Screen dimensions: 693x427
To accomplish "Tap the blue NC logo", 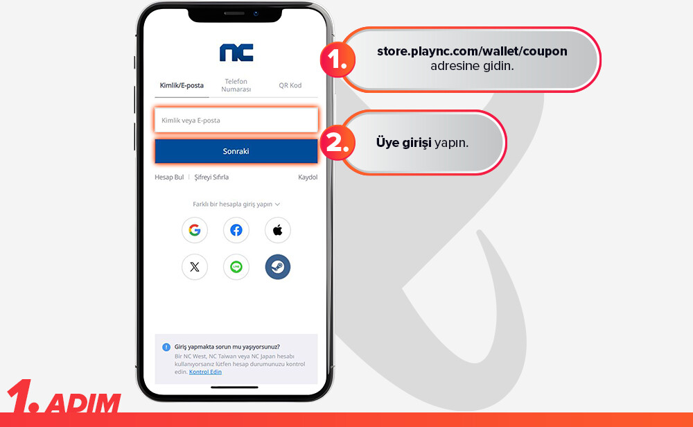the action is pyautogui.click(x=236, y=53).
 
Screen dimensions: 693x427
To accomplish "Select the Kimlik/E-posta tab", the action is pyautogui.click(x=182, y=85).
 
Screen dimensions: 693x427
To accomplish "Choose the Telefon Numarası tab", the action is pyautogui.click(x=236, y=85).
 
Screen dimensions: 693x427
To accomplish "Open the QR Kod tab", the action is pyautogui.click(x=290, y=85).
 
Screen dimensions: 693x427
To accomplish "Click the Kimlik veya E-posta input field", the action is pyautogui.click(x=236, y=120).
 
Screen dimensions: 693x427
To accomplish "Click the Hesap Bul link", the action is pyautogui.click(x=169, y=177).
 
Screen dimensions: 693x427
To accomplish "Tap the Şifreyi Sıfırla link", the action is pyautogui.click(x=211, y=177).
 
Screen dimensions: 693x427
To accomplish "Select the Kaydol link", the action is pyautogui.click(x=308, y=177).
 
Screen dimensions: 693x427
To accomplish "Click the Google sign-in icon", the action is pyautogui.click(x=195, y=230).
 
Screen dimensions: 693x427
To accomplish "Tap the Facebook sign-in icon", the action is pyautogui.click(x=236, y=230).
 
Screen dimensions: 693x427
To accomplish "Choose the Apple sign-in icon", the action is pyautogui.click(x=278, y=230).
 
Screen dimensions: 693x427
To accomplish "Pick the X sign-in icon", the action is pyautogui.click(x=195, y=267).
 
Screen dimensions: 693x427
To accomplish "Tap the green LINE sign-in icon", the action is pyautogui.click(x=236, y=267).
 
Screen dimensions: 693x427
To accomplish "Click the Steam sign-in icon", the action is pyautogui.click(x=278, y=267).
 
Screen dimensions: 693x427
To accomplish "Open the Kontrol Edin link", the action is pyautogui.click(x=206, y=372).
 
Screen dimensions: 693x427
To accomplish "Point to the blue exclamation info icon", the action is pyautogui.click(x=166, y=347).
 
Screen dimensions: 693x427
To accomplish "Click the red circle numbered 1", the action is pyautogui.click(x=337, y=60).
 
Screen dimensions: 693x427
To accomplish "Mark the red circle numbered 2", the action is pyautogui.click(x=337, y=142).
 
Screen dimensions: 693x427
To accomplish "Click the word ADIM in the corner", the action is pyautogui.click(x=84, y=403).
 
